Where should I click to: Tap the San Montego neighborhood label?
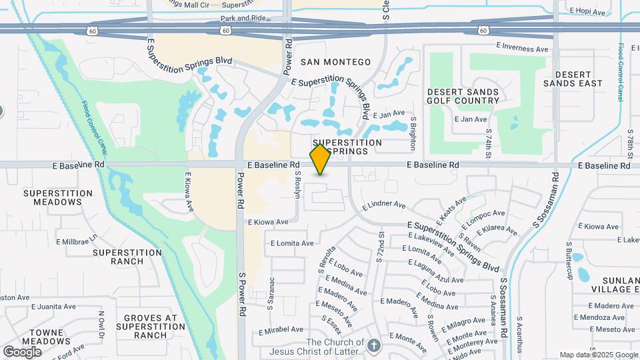pos(335,62)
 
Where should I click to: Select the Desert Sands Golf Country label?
pos(463,96)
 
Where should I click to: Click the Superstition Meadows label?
pos(57,197)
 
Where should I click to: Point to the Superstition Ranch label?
pos(127,257)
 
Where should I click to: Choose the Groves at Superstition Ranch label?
pos(150,326)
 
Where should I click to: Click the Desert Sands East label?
pos(573,79)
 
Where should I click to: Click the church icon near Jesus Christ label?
pos(374,345)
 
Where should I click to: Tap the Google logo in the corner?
pos(22,351)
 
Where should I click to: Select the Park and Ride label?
pos(243,19)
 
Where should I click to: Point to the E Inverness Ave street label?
pos(525,48)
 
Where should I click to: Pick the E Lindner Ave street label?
pos(384,205)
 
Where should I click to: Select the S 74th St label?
pos(488,143)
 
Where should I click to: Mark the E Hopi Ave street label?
pos(587,12)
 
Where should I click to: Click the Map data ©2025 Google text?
pos(598,355)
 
